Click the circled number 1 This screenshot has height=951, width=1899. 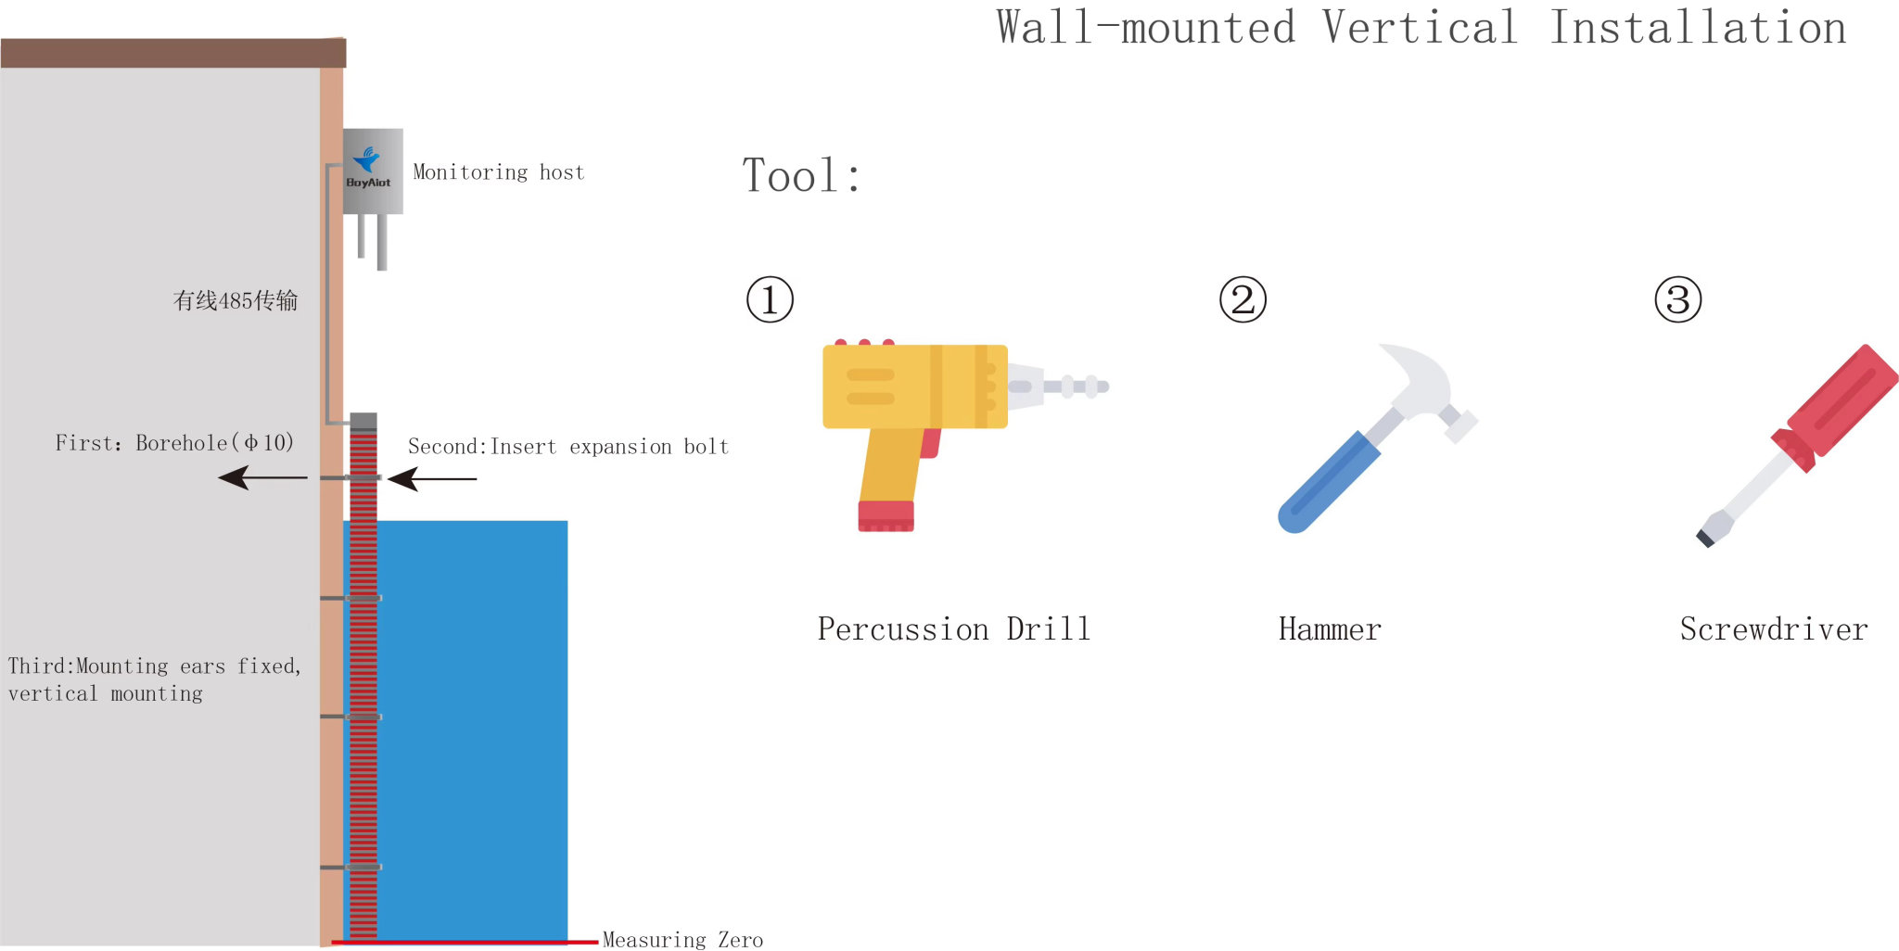pos(770,299)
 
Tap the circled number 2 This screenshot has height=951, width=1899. pos(1243,299)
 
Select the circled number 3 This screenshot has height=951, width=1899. pos(1678,299)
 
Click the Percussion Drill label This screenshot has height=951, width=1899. pos(953,629)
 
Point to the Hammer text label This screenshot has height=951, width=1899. pos(1330,629)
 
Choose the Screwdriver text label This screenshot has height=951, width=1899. pos(1774,629)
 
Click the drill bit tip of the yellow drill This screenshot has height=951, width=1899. pos(1103,387)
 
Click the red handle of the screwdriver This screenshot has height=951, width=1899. pos(1840,401)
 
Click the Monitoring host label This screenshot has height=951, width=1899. pos(499,172)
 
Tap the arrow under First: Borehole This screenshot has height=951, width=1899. pos(262,477)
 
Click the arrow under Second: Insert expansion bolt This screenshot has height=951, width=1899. pos(432,478)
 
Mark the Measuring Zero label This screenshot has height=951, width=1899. pos(682,940)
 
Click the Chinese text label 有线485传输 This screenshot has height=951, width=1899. pos(236,300)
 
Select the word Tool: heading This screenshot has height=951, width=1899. pos(802,175)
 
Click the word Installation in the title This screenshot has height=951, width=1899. pos(1698,27)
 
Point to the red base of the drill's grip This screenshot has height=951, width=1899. pos(886,516)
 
